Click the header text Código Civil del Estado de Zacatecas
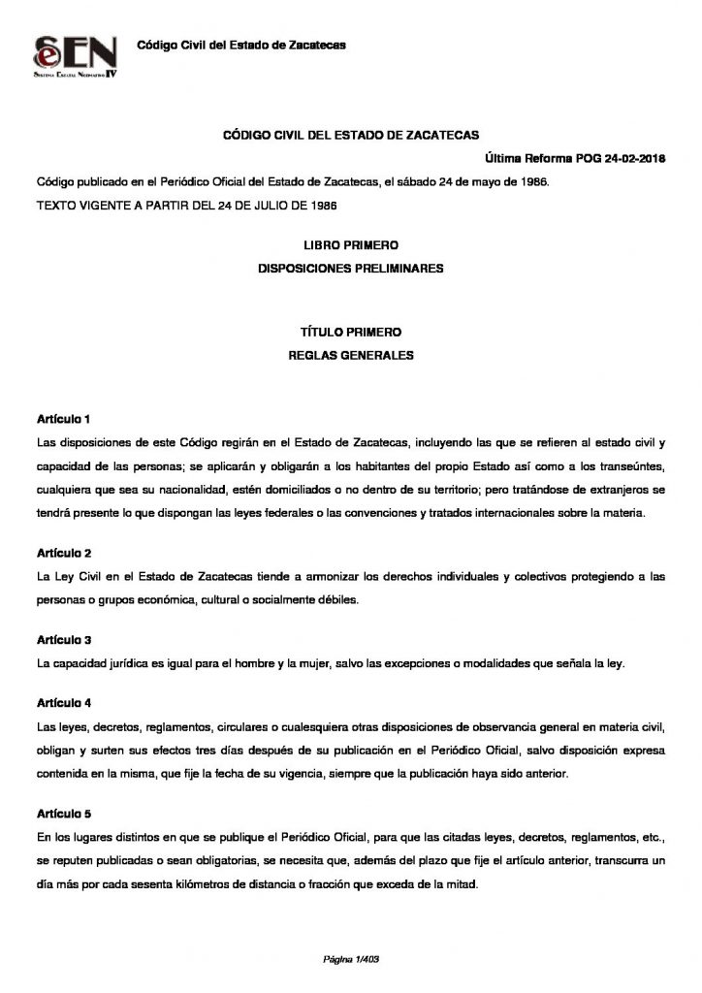241,45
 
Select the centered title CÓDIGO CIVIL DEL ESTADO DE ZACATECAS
351,138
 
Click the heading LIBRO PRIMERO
351,247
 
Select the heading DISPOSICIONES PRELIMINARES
351,269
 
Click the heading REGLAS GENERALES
351,355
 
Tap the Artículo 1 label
63,420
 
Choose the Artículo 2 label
63,554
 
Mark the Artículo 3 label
63,641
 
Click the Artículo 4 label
63,701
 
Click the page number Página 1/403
350,959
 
